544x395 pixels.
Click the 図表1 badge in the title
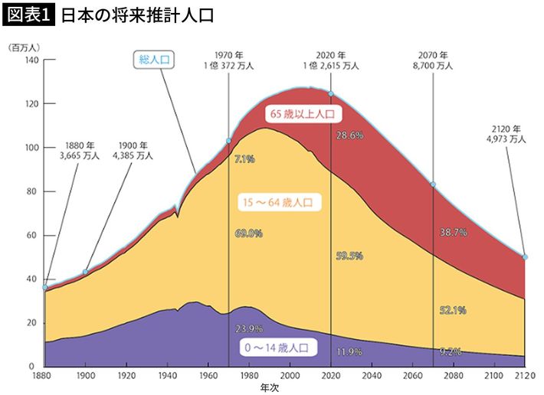coord(28,15)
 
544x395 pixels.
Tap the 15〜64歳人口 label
coord(281,203)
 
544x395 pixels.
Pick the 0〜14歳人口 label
coord(276,348)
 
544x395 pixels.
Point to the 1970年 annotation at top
coord(229,60)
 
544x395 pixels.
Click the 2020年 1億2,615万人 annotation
coord(331,60)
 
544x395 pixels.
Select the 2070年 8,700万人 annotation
coord(433,60)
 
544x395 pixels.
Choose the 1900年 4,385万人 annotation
coord(134,150)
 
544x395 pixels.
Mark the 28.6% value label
coord(349,135)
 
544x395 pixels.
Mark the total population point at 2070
coord(434,184)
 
